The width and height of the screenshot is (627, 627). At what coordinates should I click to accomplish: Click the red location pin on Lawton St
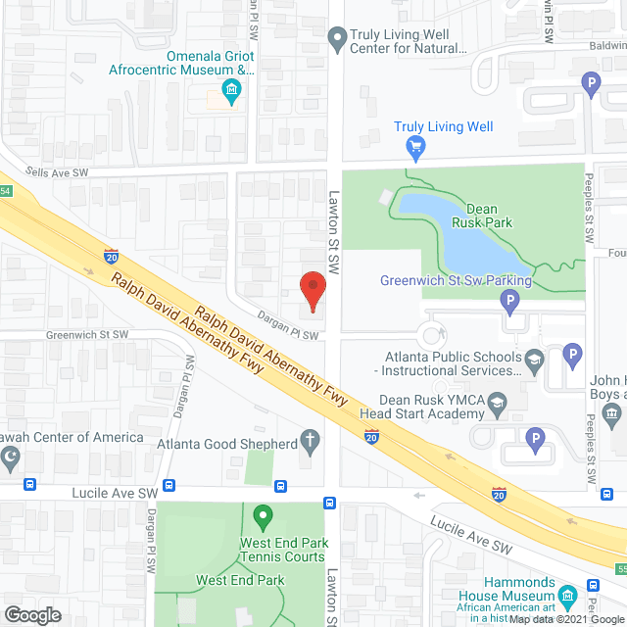pyautogui.click(x=312, y=290)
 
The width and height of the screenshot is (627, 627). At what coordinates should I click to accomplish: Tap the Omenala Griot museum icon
pyautogui.click(x=232, y=94)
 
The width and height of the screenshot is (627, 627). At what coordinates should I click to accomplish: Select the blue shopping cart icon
pyautogui.click(x=415, y=147)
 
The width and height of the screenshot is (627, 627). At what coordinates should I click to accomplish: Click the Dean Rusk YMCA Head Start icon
pyautogui.click(x=497, y=403)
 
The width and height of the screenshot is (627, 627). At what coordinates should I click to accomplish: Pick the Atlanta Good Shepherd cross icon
pyautogui.click(x=311, y=442)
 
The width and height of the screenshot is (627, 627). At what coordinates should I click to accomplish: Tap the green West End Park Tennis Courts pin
pyautogui.click(x=262, y=515)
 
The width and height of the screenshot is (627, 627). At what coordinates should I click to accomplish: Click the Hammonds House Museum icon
pyautogui.click(x=567, y=595)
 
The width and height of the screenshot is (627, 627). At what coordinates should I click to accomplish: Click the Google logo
pyautogui.click(x=32, y=614)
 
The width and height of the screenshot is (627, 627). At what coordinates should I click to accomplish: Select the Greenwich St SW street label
pyautogui.click(x=87, y=334)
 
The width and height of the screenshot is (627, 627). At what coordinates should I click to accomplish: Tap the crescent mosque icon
pyautogui.click(x=12, y=456)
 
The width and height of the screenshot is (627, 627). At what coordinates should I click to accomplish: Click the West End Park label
pyautogui.click(x=239, y=580)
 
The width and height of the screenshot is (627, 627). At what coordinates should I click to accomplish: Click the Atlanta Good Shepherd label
pyautogui.click(x=227, y=444)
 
